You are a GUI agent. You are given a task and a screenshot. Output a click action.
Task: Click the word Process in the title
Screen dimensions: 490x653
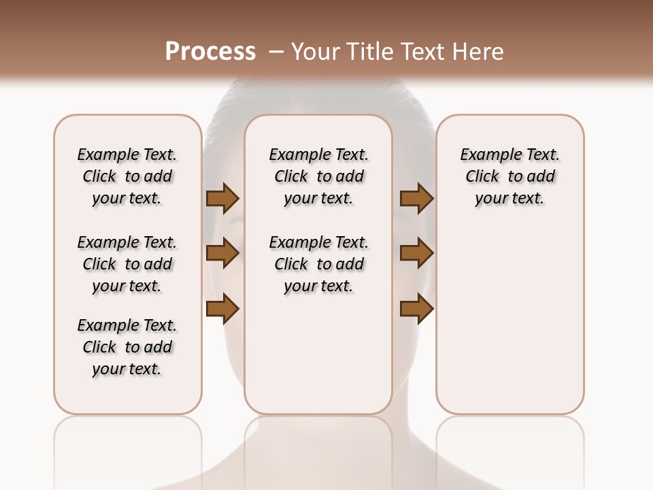point(210,52)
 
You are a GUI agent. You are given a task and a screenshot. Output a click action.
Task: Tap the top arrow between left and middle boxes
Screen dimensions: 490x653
point(222,199)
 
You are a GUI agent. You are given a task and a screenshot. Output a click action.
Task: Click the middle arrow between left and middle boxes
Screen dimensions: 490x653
point(222,254)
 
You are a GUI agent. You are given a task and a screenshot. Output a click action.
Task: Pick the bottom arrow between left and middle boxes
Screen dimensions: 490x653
point(222,310)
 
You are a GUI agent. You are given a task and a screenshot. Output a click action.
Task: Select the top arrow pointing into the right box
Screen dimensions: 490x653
point(416,199)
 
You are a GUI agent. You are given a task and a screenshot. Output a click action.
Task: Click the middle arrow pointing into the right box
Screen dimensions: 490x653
point(416,254)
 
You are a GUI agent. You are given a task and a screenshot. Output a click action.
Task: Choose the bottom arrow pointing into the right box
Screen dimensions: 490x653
point(416,310)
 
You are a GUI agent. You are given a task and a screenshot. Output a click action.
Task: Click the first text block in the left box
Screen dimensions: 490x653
point(127,176)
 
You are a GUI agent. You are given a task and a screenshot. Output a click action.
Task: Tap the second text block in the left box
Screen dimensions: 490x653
point(127,264)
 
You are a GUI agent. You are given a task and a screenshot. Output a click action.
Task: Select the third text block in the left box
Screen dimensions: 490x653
point(127,347)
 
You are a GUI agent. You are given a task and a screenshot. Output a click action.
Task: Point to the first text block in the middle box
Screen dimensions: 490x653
point(319,176)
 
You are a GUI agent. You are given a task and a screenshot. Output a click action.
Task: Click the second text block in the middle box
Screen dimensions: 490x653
point(319,264)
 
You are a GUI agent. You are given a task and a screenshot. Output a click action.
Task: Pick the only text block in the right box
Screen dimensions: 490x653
point(510,176)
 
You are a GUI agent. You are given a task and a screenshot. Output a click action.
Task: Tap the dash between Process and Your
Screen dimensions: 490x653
point(276,52)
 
